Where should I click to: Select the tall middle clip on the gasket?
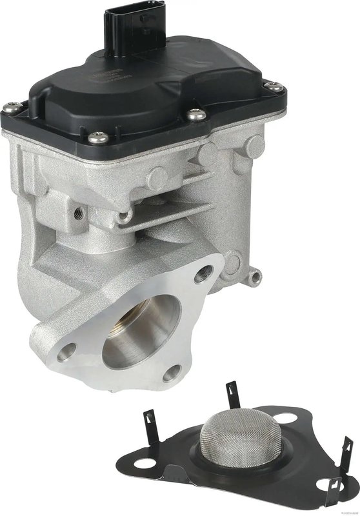click(230, 394)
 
